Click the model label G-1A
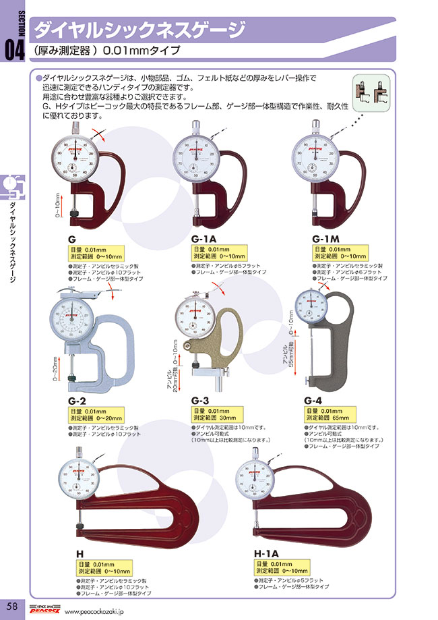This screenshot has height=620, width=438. [205, 239]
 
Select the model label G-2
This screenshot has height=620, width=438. [77, 401]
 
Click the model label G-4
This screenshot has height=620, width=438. [313, 401]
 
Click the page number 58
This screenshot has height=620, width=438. [13, 605]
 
